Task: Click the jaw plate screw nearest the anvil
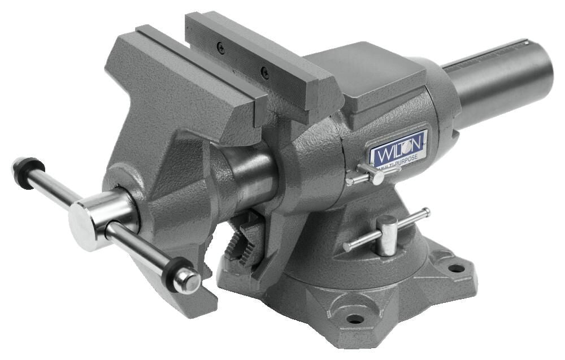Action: click(264, 71)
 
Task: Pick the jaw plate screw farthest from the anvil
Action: click(221, 49)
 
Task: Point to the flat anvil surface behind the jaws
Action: click(367, 73)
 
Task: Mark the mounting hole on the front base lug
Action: click(355, 319)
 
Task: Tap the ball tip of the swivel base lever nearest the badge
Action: click(425, 212)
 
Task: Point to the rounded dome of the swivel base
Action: click(362, 271)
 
